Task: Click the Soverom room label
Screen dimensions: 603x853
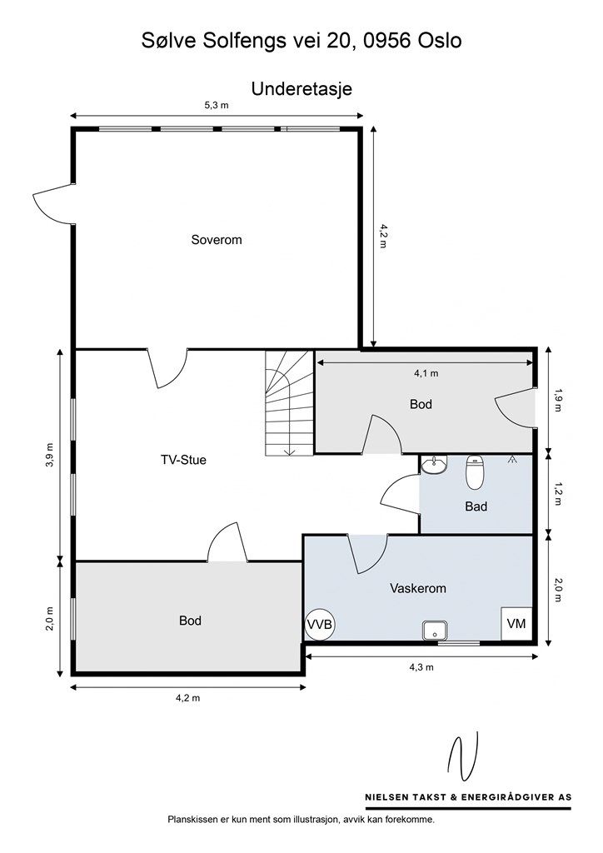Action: tap(217, 240)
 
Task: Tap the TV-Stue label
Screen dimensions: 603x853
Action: tap(183, 460)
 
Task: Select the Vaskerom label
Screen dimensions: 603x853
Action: tap(418, 588)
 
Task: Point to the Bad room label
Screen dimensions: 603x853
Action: tap(476, 506)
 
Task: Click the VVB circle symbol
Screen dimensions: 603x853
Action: tap(319, 625)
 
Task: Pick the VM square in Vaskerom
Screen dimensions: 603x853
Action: tap(516, 623)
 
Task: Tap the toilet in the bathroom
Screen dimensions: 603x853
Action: tap(475, 471)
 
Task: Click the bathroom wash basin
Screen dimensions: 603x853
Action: tap(435, 465)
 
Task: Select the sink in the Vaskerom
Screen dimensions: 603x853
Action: tap(435, 631)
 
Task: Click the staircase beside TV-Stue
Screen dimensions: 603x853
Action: tap(289, 403)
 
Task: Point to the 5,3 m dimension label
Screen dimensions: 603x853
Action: tap(217, 105)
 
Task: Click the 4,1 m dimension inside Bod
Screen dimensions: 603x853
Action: tap(426, 373)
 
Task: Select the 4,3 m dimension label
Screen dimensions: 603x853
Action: tap(421, 667)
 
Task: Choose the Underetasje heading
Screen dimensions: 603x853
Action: tap(301, 88)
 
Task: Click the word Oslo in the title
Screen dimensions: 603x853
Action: tap(440, 41)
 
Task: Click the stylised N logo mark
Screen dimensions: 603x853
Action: tap(463, 756)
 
